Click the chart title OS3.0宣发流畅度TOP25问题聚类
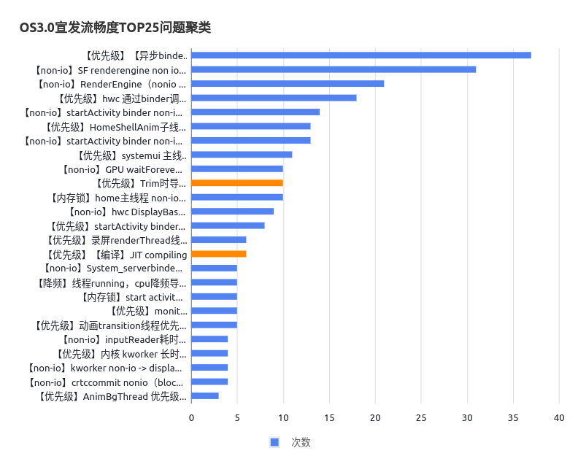click(115, 28)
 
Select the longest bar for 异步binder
click(361, 55)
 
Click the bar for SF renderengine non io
click(334, 69)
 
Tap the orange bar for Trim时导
click(237, 183)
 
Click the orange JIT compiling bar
click(219, 254)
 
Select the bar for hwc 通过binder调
click(274, 98)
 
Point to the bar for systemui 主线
click(242, 155)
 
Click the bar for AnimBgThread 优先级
click(205, 396)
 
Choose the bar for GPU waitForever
click(237, 169)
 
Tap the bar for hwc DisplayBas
click(233, 212)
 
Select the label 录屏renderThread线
click(117, 240)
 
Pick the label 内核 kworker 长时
click(120, 354)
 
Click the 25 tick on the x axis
click(421, 417)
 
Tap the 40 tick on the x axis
click(559, 417)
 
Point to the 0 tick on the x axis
click(191, 417)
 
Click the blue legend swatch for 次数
click(274, 442)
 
